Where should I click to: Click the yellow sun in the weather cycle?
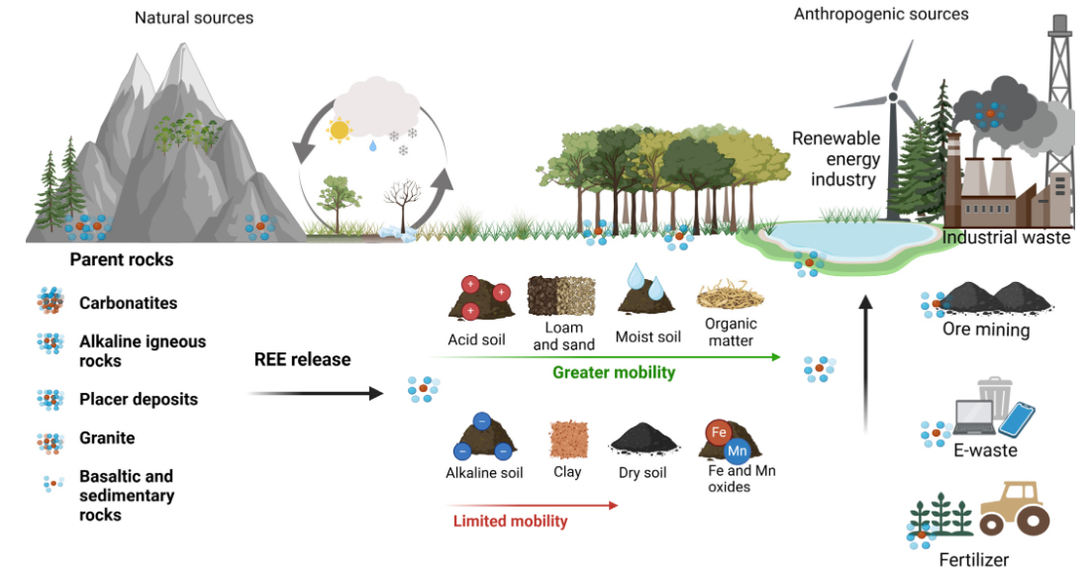[x=340, y=130]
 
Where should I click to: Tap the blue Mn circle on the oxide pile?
[x=737, y=451]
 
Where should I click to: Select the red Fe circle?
[x=719, y=432]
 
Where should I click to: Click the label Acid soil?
[x=476, y=339]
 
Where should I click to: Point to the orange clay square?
[x=567, y=438]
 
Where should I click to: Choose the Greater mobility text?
[x=613, y=372]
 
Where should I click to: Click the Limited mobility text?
[x=510, y=522]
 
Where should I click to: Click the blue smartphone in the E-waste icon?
[x=1016, y=419]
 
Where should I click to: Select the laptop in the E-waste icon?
[x=975, y=421]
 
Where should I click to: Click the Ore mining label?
[x=986, y=330]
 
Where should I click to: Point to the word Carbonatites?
[x=129, y=303]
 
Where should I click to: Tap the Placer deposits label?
[x=139, y=400]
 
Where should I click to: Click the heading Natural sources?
[x=194, y=17]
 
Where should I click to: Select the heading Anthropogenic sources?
[x=881, y=14]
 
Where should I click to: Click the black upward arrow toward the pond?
[x=865, y=366]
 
